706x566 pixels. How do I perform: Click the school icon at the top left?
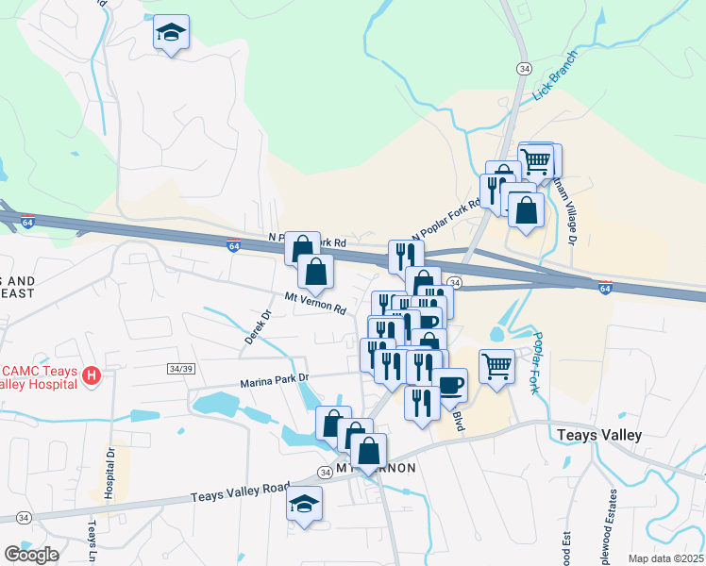[x=171, y=33]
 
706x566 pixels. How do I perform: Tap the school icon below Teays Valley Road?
[x=304, y=504]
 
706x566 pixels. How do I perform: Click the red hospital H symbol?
[x=92, y=376]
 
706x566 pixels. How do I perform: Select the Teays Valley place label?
[x=599, y=435]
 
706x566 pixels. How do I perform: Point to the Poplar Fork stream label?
[x=539, y=363]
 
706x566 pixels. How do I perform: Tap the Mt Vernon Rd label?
[x=316, y=303]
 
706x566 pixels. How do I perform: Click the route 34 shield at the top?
[x=523, y=68]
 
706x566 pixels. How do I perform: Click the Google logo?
[x=31, y=554]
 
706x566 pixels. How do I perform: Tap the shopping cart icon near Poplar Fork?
[x=496, y=365]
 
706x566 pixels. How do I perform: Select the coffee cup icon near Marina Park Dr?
[x=450, y=384]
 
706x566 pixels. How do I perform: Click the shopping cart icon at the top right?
[x=536, y=159]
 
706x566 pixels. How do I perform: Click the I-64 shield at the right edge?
[x=605, y=287]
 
